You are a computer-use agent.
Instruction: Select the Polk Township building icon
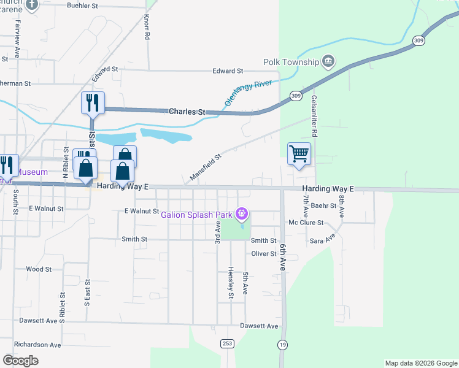click(329, 61)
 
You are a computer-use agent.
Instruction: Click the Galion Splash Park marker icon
click(242, 213)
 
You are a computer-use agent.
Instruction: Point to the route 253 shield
click(228, 343)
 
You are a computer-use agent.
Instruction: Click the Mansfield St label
click(205, 167)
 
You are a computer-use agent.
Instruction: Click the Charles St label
click(187, 112)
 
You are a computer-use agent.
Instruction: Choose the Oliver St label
click(264, 253)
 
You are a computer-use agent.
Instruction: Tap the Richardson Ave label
click(38, 345)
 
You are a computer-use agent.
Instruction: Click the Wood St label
click(39, 269)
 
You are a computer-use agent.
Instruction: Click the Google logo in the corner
click(20, 360)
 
